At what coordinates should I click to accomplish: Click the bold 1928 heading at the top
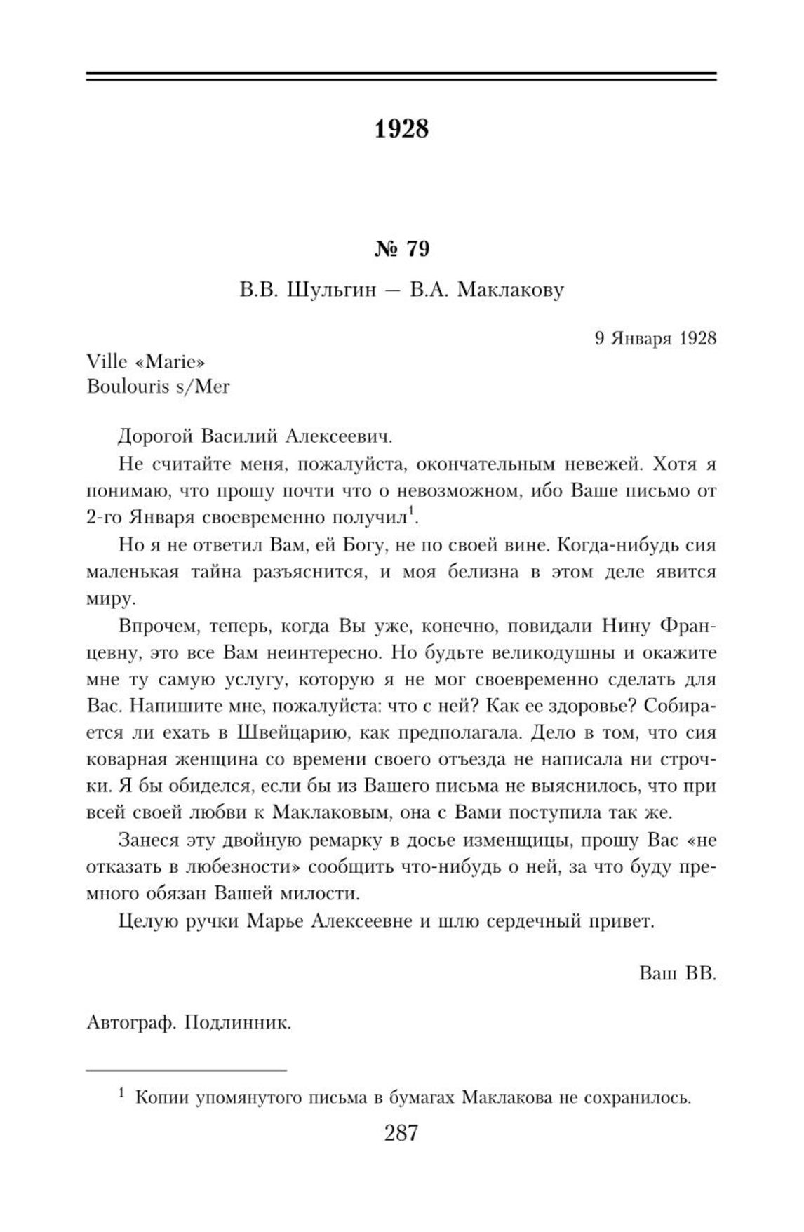click(x=401, y=129)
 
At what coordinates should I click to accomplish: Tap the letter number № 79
click(x=402, y=249)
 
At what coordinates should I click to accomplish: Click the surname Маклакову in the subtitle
click(x=511, y=290)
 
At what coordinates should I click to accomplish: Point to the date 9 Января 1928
click(x=655, y=338)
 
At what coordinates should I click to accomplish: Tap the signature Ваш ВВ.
click(x=678, y=974)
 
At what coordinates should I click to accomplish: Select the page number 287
click(x=401, y=1132)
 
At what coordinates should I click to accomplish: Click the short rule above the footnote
click(x=187, y=1071)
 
